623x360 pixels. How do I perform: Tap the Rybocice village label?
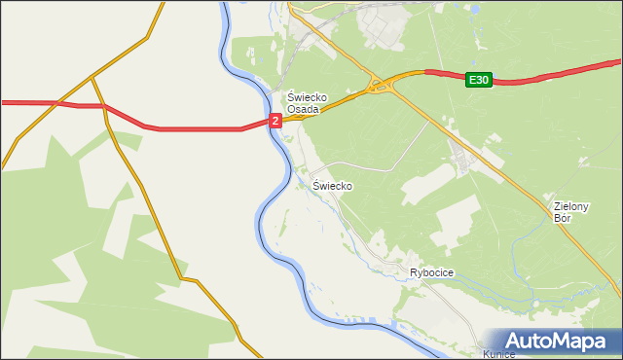tap(431, 273)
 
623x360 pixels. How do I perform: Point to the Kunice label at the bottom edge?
tap(498, 354)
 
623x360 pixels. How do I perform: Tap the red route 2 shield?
tap(275, 121)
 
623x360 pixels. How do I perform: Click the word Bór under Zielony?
tap(562, 218)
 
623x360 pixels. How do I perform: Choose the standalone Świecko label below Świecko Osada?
tap(332, 185)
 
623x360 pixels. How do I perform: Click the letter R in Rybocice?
tap(414, 273)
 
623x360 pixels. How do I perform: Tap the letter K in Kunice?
tap(486, 354)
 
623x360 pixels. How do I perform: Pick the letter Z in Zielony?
tap(556, 206)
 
